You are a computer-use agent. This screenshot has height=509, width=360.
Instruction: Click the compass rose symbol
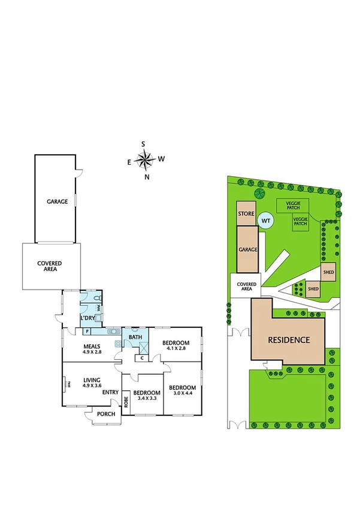[x=144, y=160]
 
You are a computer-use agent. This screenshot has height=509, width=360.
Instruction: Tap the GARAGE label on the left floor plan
[x=57, y=202]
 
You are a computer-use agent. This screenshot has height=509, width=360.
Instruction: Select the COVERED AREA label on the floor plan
[x=50, y=266]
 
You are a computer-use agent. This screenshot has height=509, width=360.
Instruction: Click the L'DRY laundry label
[x=88, y=318]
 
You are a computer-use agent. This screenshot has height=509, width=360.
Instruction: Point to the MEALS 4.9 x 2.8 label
[x=92, y=349]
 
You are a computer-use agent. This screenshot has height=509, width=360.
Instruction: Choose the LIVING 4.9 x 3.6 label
[x=92, y=382]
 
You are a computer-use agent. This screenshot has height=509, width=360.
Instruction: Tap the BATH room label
[x=135, y=338]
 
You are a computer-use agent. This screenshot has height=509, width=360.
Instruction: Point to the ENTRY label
[x=110, y=393]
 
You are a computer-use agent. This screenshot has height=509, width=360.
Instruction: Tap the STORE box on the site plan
[x=247, y=214]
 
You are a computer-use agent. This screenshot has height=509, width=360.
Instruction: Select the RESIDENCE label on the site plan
[x=289, y=340]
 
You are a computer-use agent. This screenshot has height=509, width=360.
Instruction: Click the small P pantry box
[x=87, y=332]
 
